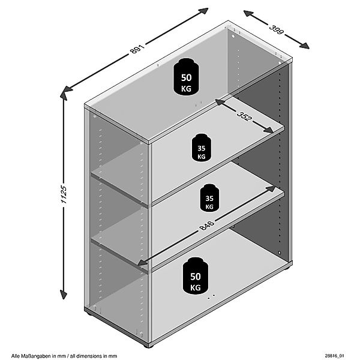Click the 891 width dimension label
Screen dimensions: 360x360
pyautogui.click(x=137, y=50)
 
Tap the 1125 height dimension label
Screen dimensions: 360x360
pyautogui.click(x=64, y=194)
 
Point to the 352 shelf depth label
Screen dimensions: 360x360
pyautogui.click(x=245, y=116)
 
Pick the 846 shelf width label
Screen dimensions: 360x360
pyautogui.click(x=206, y=225)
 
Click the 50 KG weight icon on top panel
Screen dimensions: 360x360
pyautogui.click(x=186, y=76)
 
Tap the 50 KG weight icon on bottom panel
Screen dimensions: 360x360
pyautogui.click(x=196, y=275)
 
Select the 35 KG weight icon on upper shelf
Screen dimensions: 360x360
pyautogui.click(x=202, y=148)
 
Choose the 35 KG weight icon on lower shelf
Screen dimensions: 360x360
pyautogui.click(x=209, y=197)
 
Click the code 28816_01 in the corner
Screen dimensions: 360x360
pyautogui.click(x=335, y=356)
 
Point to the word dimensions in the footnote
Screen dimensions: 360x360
pyautogui.click(x=92, y=356)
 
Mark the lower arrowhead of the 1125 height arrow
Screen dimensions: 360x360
pyautogui.click(x=64, y=295)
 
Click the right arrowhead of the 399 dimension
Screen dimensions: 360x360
pyautogui.click(x=304, y=46)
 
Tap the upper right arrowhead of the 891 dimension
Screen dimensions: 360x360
pyautogui.click(x=203, y=11)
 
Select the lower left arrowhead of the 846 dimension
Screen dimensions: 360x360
pyautogui.click(x=143, y=262)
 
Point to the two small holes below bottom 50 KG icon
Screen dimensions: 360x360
pyautogui.click(x=211, y=296)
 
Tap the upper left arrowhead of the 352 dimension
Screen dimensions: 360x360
pyautogui.click(x=220, y=103)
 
